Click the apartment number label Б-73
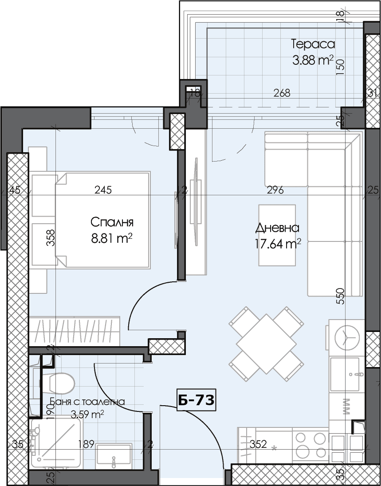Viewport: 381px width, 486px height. [196, 401]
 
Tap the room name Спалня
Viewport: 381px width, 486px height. [112, 222]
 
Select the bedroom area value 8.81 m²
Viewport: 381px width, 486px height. [112, 238]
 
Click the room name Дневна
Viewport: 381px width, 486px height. [277, 228]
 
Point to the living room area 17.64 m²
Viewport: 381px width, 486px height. [278, 244]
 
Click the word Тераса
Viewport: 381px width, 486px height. [313, 44]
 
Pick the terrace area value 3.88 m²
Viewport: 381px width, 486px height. [313, 60]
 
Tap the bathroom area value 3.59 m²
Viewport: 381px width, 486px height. [87, 415]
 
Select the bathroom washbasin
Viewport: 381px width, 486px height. [114, 457]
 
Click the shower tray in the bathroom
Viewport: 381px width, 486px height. [56, 443]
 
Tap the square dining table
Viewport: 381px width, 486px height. [266, 344]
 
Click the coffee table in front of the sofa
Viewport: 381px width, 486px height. [277, 235]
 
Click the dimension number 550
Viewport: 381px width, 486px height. [340, 296]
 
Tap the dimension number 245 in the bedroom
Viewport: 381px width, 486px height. [103, 190]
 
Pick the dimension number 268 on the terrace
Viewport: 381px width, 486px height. [282, 93]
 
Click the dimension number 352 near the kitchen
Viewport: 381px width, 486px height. [258, 444]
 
